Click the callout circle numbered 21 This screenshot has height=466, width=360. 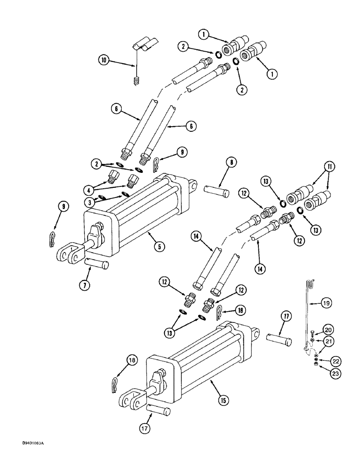pyautogui.click(x=328, y=343)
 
